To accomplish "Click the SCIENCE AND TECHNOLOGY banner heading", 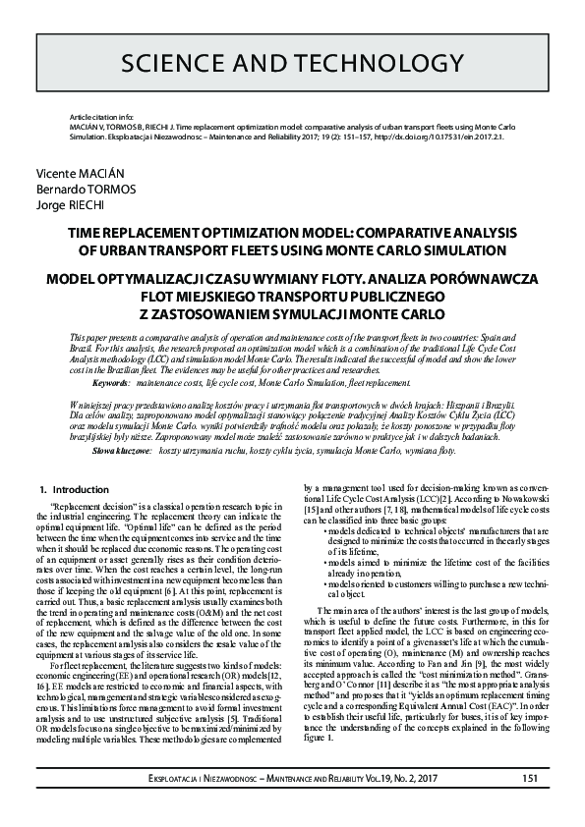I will (x=292, y=64).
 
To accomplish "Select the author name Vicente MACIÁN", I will (x=74, y=171).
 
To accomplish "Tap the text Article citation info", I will (x=94, y=115).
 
